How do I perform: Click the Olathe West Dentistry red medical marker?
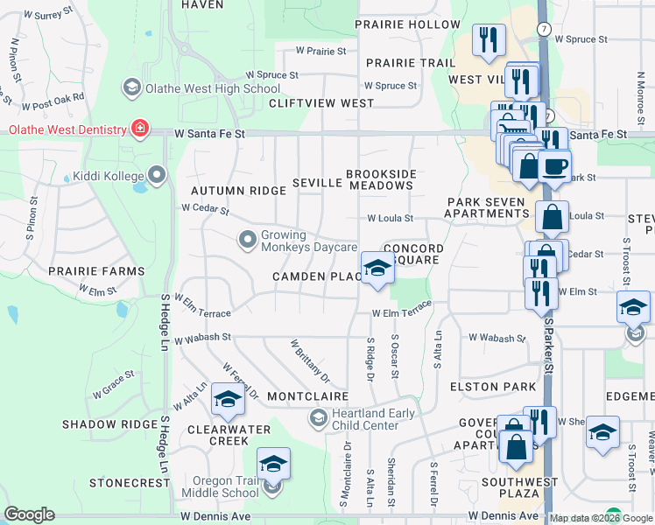coord(139,129)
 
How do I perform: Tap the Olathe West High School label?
coord(212,87)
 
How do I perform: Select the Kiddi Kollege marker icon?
coord(158,177)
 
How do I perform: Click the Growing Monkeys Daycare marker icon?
coord(248,239)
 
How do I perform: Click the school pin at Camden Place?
coord(377,267)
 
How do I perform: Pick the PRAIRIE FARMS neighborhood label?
coord(96,271)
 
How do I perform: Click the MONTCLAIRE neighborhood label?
coord(302,396)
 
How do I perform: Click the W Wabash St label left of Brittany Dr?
coord(202,336)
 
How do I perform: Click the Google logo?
coord(30,514)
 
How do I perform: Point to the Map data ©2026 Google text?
coord(581,518)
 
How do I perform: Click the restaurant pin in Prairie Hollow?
coord(489,39)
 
